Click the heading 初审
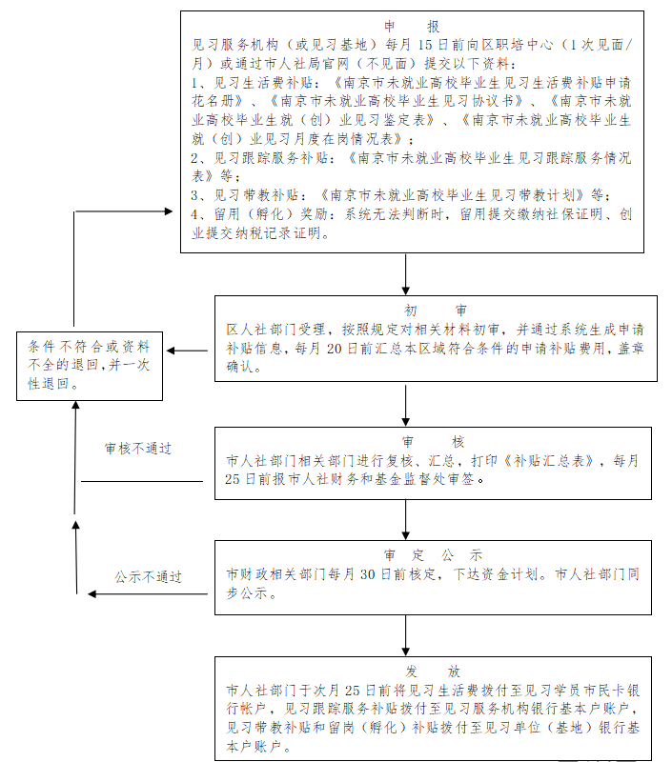[x=435, y=311]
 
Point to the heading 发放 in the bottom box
[x=434, y=672]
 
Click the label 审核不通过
[x=138, y=449]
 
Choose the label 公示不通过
[x=148, y=577]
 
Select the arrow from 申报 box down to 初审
[x=407, y=274]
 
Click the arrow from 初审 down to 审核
[x=407, y=404]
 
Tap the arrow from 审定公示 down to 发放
[x=407, y=635]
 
